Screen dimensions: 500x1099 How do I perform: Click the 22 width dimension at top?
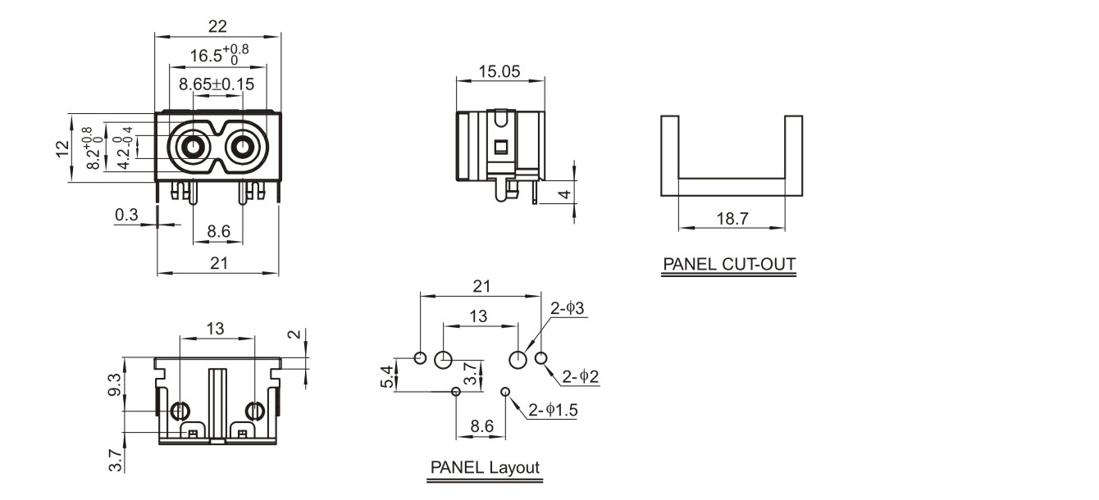[x=217, y=26]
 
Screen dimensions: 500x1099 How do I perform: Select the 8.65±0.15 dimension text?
[x=217, y=84]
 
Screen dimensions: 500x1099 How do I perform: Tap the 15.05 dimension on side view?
[x=499, y=71]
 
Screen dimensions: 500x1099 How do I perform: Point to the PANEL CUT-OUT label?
[x=729, y=265]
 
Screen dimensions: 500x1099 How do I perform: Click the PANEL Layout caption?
[x=486, y=467]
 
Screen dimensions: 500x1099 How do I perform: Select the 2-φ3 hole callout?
[x=567, y=309]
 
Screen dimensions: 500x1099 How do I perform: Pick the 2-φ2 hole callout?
[x=580, y=377]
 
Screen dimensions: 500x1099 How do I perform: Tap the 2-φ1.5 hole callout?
[x=553, y=410]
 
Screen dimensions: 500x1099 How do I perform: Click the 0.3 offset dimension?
[x=126, y=215]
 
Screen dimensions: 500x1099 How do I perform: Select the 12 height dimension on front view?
[x=62, y=148]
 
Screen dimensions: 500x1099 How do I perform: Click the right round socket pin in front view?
[x=242, y=148]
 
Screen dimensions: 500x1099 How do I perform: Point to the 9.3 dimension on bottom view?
[x=114, y=384]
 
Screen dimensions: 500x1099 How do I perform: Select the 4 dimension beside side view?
[x=564, y=194]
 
